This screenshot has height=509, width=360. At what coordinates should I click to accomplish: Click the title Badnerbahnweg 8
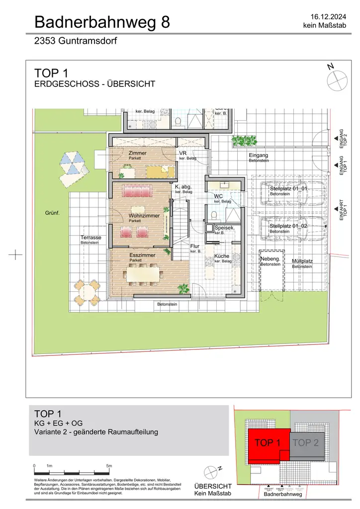pos(102,22)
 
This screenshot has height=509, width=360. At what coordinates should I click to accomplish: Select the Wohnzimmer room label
pos(144,216)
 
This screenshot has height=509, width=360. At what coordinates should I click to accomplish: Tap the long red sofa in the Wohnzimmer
pos(139,191)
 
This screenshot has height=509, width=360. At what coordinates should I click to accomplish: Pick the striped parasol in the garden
pos(73,163)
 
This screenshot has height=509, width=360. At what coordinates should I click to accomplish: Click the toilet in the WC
pos(214,215)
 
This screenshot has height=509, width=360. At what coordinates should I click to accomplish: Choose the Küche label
pos(222,256)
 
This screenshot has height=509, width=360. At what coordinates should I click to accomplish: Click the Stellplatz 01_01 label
pos(289,189)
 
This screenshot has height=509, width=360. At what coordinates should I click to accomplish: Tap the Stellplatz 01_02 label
pos(289,226)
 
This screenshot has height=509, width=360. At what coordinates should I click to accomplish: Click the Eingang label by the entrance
pos(259,155)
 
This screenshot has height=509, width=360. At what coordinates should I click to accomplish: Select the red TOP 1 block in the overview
pos(268,442)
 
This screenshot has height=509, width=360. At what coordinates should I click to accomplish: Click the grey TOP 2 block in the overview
pos(306,442)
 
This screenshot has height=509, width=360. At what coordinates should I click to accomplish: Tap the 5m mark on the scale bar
pos(109,465)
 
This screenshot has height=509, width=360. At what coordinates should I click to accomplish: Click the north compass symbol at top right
pos(336,78)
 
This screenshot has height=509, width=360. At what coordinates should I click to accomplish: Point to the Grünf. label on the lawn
pos(52,213)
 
